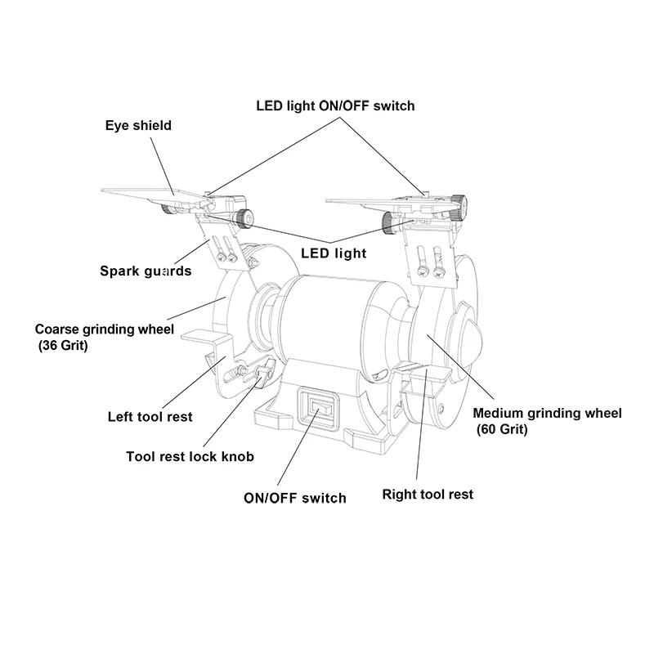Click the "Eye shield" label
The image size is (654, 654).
(138, 126)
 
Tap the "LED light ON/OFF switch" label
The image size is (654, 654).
(335, 105)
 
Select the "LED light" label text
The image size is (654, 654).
(334, 253)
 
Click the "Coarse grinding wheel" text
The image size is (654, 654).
(105, 329)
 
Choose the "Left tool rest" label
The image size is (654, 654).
(150, 417)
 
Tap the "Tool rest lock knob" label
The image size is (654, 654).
(190, 457)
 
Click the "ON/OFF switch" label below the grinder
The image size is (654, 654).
(295, 498)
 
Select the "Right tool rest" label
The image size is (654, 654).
(428, 494)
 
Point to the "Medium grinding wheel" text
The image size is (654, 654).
(548, 414)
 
